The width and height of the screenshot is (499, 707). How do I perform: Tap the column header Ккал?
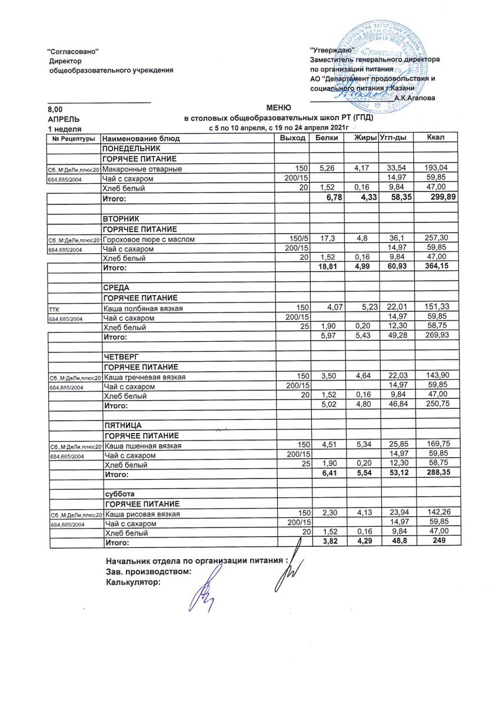436,138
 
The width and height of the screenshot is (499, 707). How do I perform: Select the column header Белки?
327,138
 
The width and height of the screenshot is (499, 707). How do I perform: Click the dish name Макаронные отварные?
142,169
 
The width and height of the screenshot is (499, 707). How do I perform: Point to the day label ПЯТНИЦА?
124,425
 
